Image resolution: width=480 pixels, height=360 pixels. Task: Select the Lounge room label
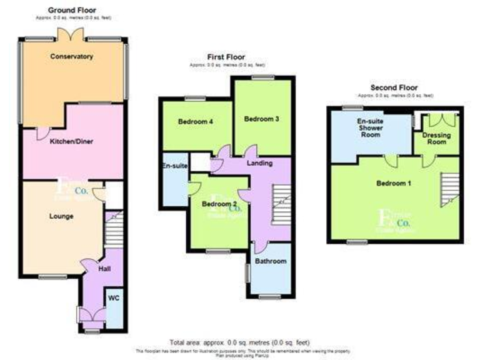pyautogui.click(x=61, y=216)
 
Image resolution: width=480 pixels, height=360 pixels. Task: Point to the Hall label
pyautogui.click(x=104, y=267)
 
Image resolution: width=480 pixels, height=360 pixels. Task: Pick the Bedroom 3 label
pyautogui.click(x=261, y=119)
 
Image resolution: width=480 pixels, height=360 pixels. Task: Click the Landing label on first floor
pyautogui.click(x=259, y=163)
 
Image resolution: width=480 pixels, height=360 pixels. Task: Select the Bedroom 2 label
pyautogui.click(x=219, y=204)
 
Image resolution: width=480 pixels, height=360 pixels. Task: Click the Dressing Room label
pyautogui.click(x=437, y=138)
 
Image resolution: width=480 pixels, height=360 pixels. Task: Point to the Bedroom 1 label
pyautogui.click(x=394, y=184)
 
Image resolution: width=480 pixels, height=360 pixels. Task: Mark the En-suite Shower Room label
pyautogui.click(x=369, y=129)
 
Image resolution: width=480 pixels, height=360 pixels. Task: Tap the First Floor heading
pyautogui.click(x=227, y=57)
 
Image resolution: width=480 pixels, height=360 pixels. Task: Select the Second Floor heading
pyautogui.click(x=394, y=87)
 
